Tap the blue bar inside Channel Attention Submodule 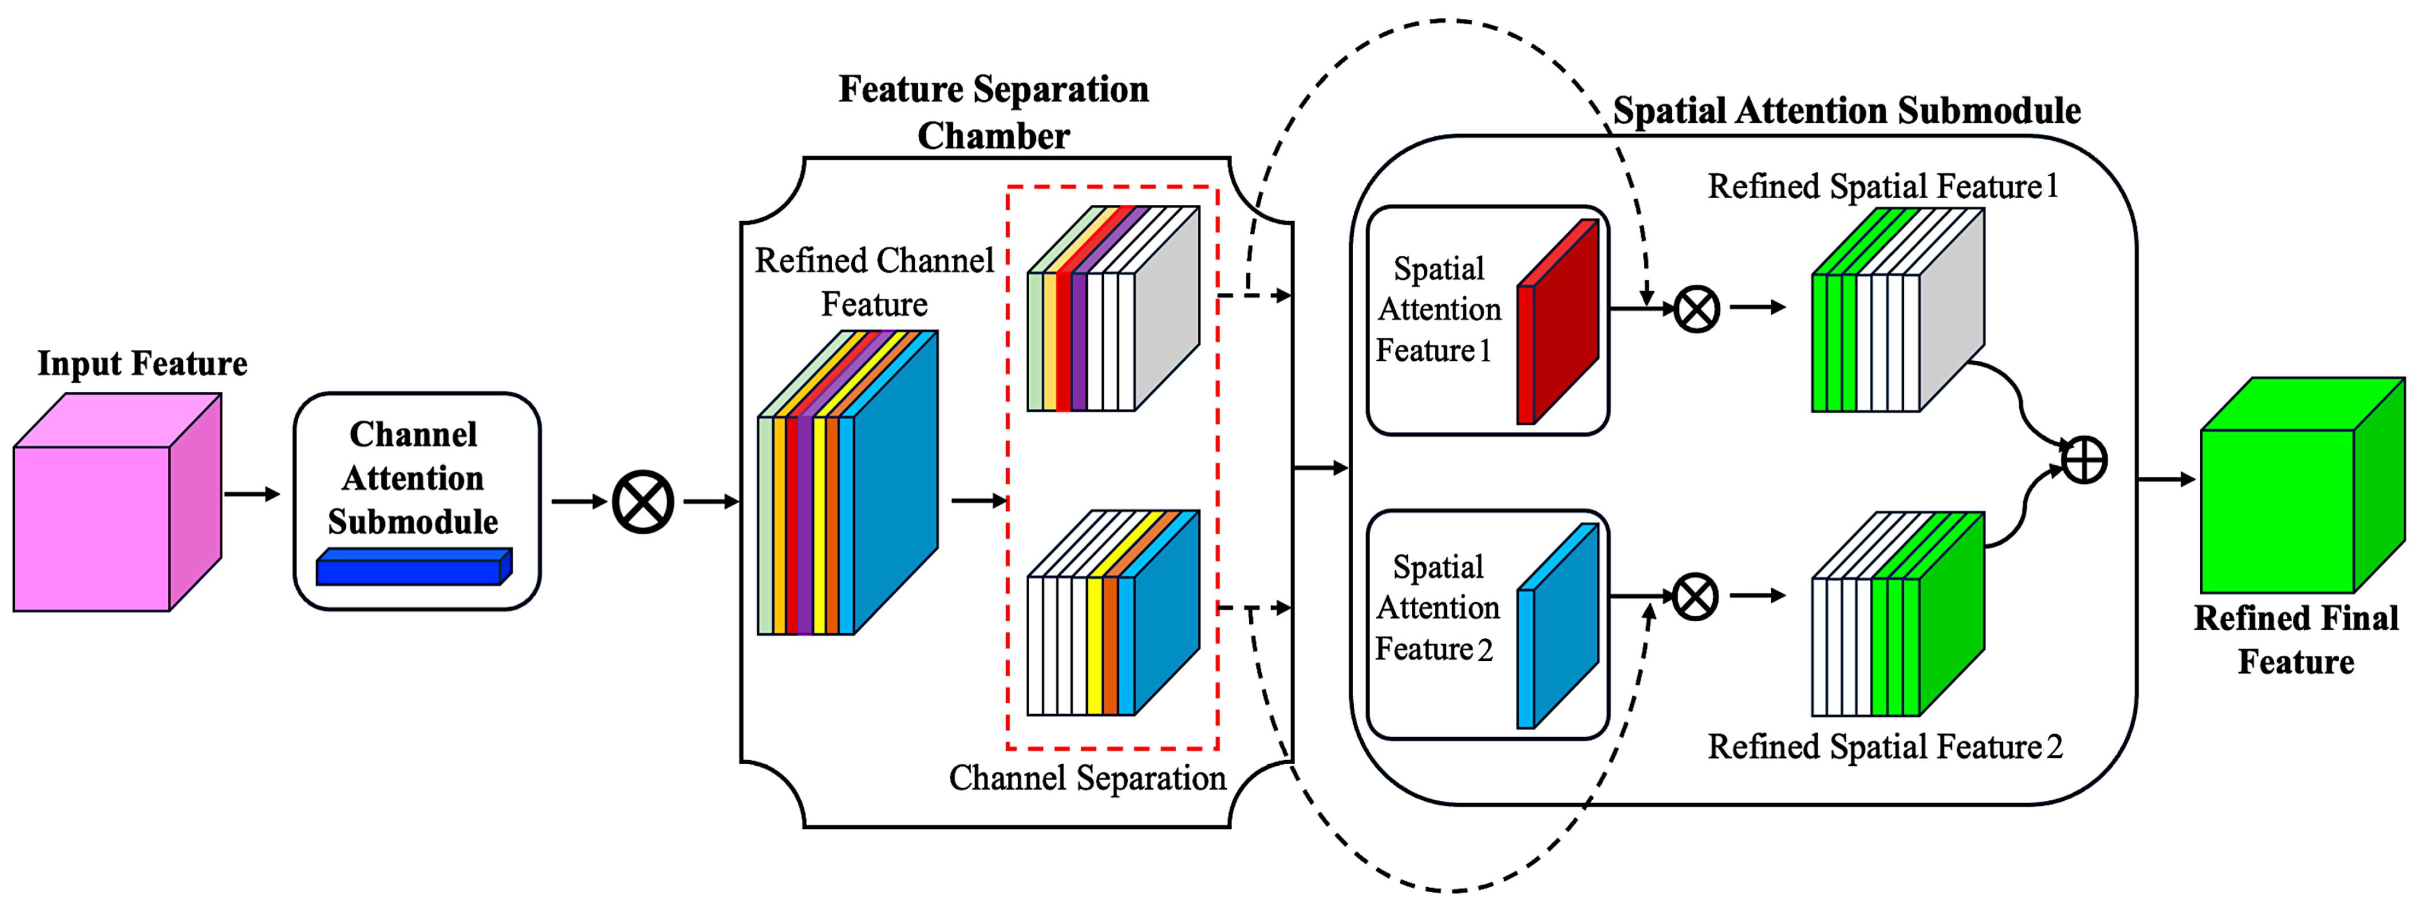[414, 568]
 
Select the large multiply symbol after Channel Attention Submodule [643, 502]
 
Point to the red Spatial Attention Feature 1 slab [1558, 322]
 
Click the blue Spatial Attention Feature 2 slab [1558, 626]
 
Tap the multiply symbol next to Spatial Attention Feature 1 [1697, 309]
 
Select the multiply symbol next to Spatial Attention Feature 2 [1696, 597]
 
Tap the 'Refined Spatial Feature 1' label [1883, 186]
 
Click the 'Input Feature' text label [142, 364]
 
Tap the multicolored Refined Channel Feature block [846, 484]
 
